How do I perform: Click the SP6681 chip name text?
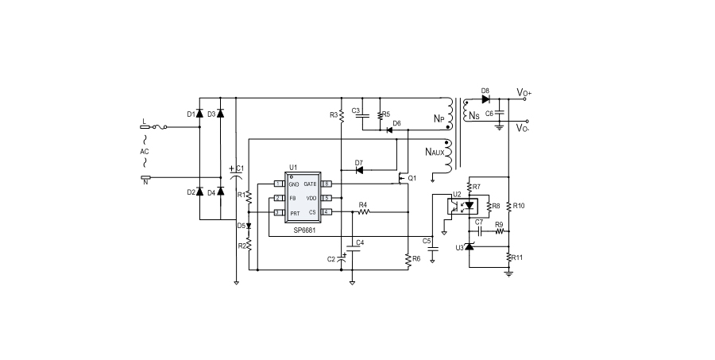pyautogui.click(x=301, y=230)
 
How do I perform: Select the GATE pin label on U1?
pyautogui.click(x=310, y=184)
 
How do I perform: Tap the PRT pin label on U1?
pyautogui.click(x=294, y=213)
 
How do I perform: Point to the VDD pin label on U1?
pyautogui.click(x=311, y=198)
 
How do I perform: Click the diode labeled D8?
pyautogui.click(x=485, y=99)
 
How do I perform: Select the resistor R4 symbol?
pyautogui.click(x=364, y=212)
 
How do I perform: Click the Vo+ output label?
pyautogui.click(x=524, y=94)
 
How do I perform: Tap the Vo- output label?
pyautogui.click(x=524, y=127)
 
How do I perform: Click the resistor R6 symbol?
pyautogui.click(x=408, y=259)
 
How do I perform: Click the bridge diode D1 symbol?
pyautogui.click(x=200, y=114)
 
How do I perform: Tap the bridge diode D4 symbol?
pyautogui.click(x=220, y=192)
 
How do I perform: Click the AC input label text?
pyautogui.click(x=144, y=152)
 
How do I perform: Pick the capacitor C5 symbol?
pyautogui.click(x=432, y=248)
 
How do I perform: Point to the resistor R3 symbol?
pyautogui.click(x=340, y=115)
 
